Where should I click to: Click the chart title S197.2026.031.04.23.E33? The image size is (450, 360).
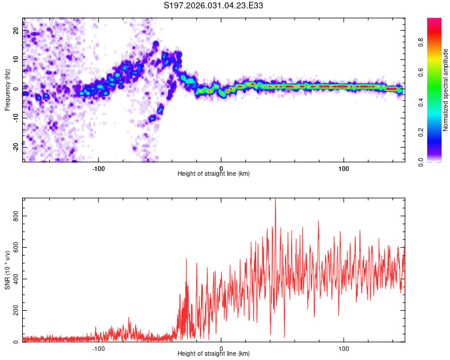pos(214,5)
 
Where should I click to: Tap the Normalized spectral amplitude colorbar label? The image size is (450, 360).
pos(446,90)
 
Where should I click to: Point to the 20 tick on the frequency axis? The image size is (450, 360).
pos(16,30)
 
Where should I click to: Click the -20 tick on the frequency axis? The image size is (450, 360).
pos(16,146)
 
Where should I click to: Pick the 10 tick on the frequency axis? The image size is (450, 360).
pos(16,59)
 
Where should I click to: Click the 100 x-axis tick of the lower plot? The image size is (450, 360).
pos(344,349)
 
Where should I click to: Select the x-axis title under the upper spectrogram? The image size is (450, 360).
pos(214,174)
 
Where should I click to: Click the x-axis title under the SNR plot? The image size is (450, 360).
pos(214,355)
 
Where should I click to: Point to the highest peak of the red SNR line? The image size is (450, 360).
pos(275,200)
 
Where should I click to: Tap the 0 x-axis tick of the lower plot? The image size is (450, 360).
pos(221,349)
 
